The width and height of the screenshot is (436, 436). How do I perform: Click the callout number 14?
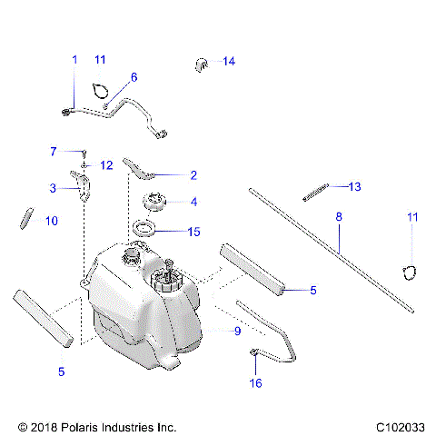229,61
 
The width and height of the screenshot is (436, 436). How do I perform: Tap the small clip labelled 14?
202,63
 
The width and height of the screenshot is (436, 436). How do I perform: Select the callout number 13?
354,186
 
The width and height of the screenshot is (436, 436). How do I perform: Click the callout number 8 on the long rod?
339,218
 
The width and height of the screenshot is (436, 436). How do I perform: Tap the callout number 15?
193,232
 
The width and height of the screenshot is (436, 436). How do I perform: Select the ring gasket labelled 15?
145,229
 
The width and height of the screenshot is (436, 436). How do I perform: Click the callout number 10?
51,221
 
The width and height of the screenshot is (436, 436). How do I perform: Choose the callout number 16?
255,383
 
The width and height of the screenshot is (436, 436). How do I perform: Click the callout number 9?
237,332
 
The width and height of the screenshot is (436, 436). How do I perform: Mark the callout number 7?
54,151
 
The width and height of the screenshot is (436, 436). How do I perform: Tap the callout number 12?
106,165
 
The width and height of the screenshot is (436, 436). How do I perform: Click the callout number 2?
193,174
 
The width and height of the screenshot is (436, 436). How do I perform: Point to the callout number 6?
134,77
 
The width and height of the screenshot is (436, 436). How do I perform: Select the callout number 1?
74,59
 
